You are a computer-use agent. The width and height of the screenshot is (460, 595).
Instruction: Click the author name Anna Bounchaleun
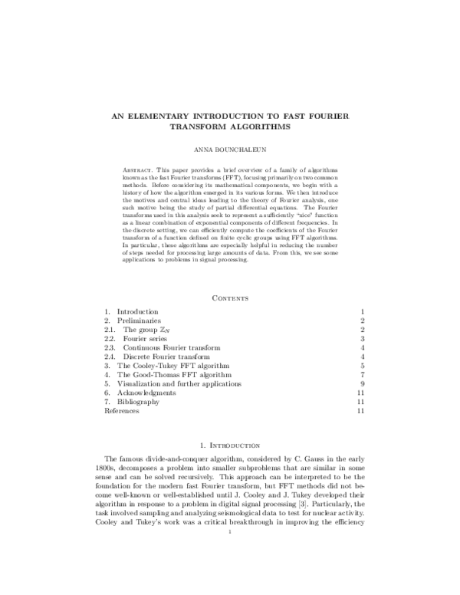pyautogui.click(x=230, y=150)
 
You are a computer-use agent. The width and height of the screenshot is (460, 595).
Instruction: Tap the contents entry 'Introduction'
pyautogui.click(x=137, y=312)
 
